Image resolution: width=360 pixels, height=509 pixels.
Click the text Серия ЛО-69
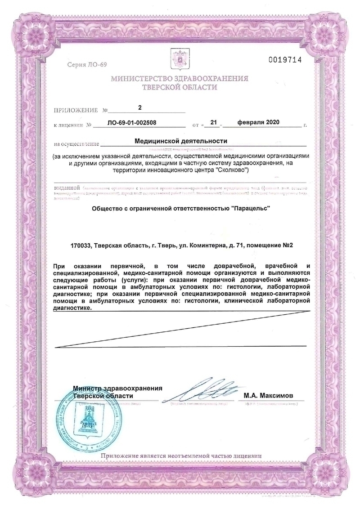click(87, 65)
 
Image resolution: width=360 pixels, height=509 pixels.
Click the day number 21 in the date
click(214, 122)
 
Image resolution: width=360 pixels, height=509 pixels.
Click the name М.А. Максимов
click(268, 396)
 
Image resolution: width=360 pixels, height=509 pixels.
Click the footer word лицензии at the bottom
click(246, 456)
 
